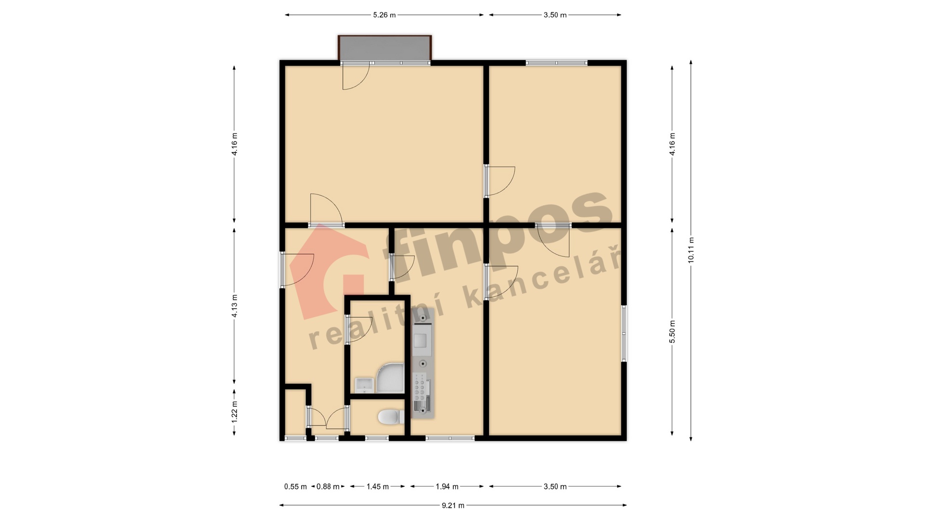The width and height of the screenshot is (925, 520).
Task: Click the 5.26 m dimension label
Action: click(384, 15)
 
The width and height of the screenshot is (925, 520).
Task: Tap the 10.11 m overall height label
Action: click(691, 250)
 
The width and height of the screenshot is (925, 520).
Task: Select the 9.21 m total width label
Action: click(453, 506)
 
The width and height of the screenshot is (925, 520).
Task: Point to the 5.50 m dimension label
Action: click(672, 332)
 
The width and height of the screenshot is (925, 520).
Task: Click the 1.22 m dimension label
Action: click(235, 412)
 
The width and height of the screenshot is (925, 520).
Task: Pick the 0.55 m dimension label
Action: click(295, 487)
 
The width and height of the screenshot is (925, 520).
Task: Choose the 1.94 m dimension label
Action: click(447, 487)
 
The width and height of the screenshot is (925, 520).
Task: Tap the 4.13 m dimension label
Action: click(235, 306)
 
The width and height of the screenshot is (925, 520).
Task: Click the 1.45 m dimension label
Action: click(378, 487)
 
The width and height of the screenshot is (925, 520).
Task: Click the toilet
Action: click(391, 417)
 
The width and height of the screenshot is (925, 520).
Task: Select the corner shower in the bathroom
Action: click(390, 378)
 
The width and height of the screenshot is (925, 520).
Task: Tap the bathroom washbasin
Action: click(365, 385)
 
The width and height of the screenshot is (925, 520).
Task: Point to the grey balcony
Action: click(384, 48)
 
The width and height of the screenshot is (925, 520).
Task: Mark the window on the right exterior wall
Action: click(624, 333)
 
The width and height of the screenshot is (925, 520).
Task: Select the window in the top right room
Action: click(556, 63)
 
